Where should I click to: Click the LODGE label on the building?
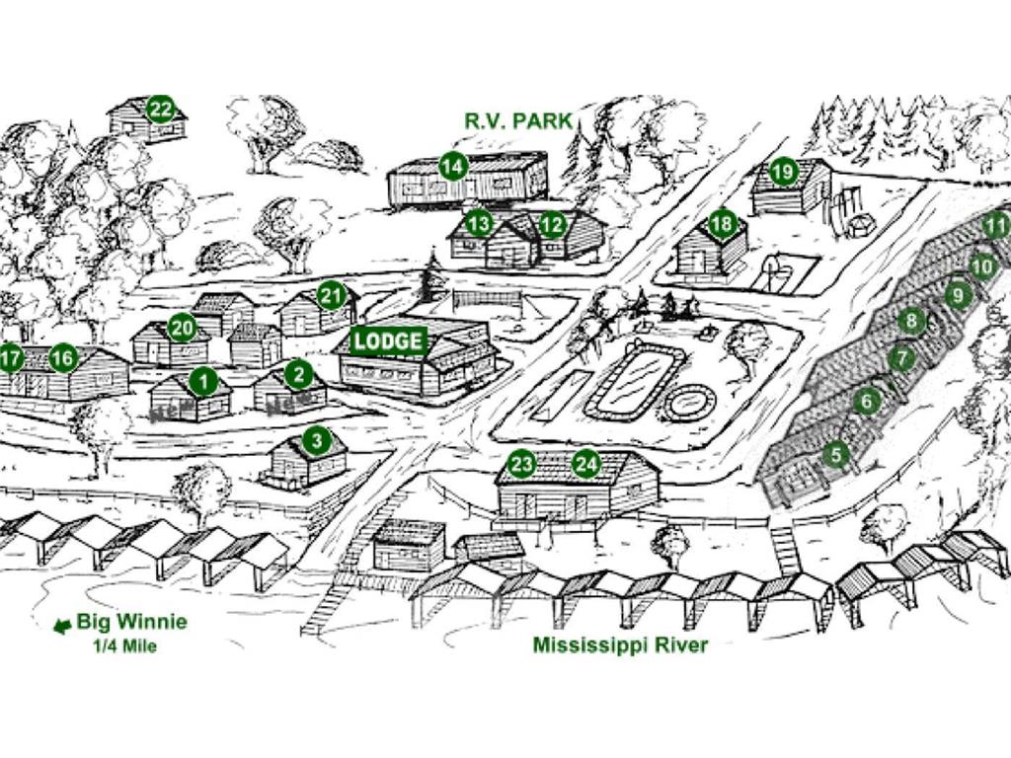pyautogui.click(x=389, y=341)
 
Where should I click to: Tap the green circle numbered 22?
pyautogui.click(x=161, y=109)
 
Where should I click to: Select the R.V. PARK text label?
pyautogui.click(x=518, y=120)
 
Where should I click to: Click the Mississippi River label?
pyautogui.click(x=620, y=645)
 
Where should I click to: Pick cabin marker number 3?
pyautogui.click(x=316, y=440)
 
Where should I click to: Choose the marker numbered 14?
pyautogui.click(x=453, y=167)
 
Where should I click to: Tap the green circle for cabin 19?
pyautogui.click(x=783, y=172)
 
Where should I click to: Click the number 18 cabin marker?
pyautogui.click(x=723, y=224)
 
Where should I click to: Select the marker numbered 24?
pyautogui.click(x=587, y=463)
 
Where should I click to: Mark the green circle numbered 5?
pyautogui.click(x=836, y=455)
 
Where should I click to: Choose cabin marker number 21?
pyautogui.click(x=331, y=294)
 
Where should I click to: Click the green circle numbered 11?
pyautogui.click(x=995, y=227)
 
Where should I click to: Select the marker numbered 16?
pyautogui.click(x=63, y=358)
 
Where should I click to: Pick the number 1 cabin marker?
pyautogui.click(x=203, y=380)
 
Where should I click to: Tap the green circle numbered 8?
pyautogui.click(x=912, y=321)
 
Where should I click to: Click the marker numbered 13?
pyautogui.click(x=479, y=224)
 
